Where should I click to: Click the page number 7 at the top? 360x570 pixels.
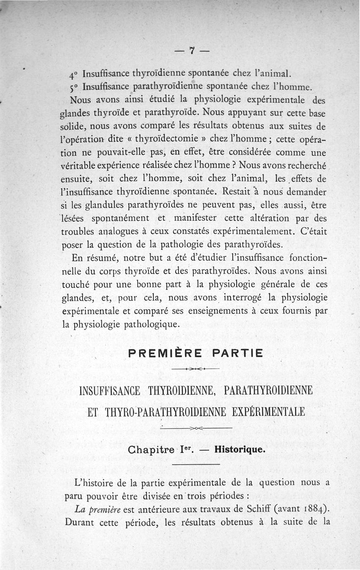(192, 51)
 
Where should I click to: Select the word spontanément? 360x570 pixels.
(120, 218)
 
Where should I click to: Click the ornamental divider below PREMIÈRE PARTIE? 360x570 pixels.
(195, 368)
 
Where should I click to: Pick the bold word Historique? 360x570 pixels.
(240, 449)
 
